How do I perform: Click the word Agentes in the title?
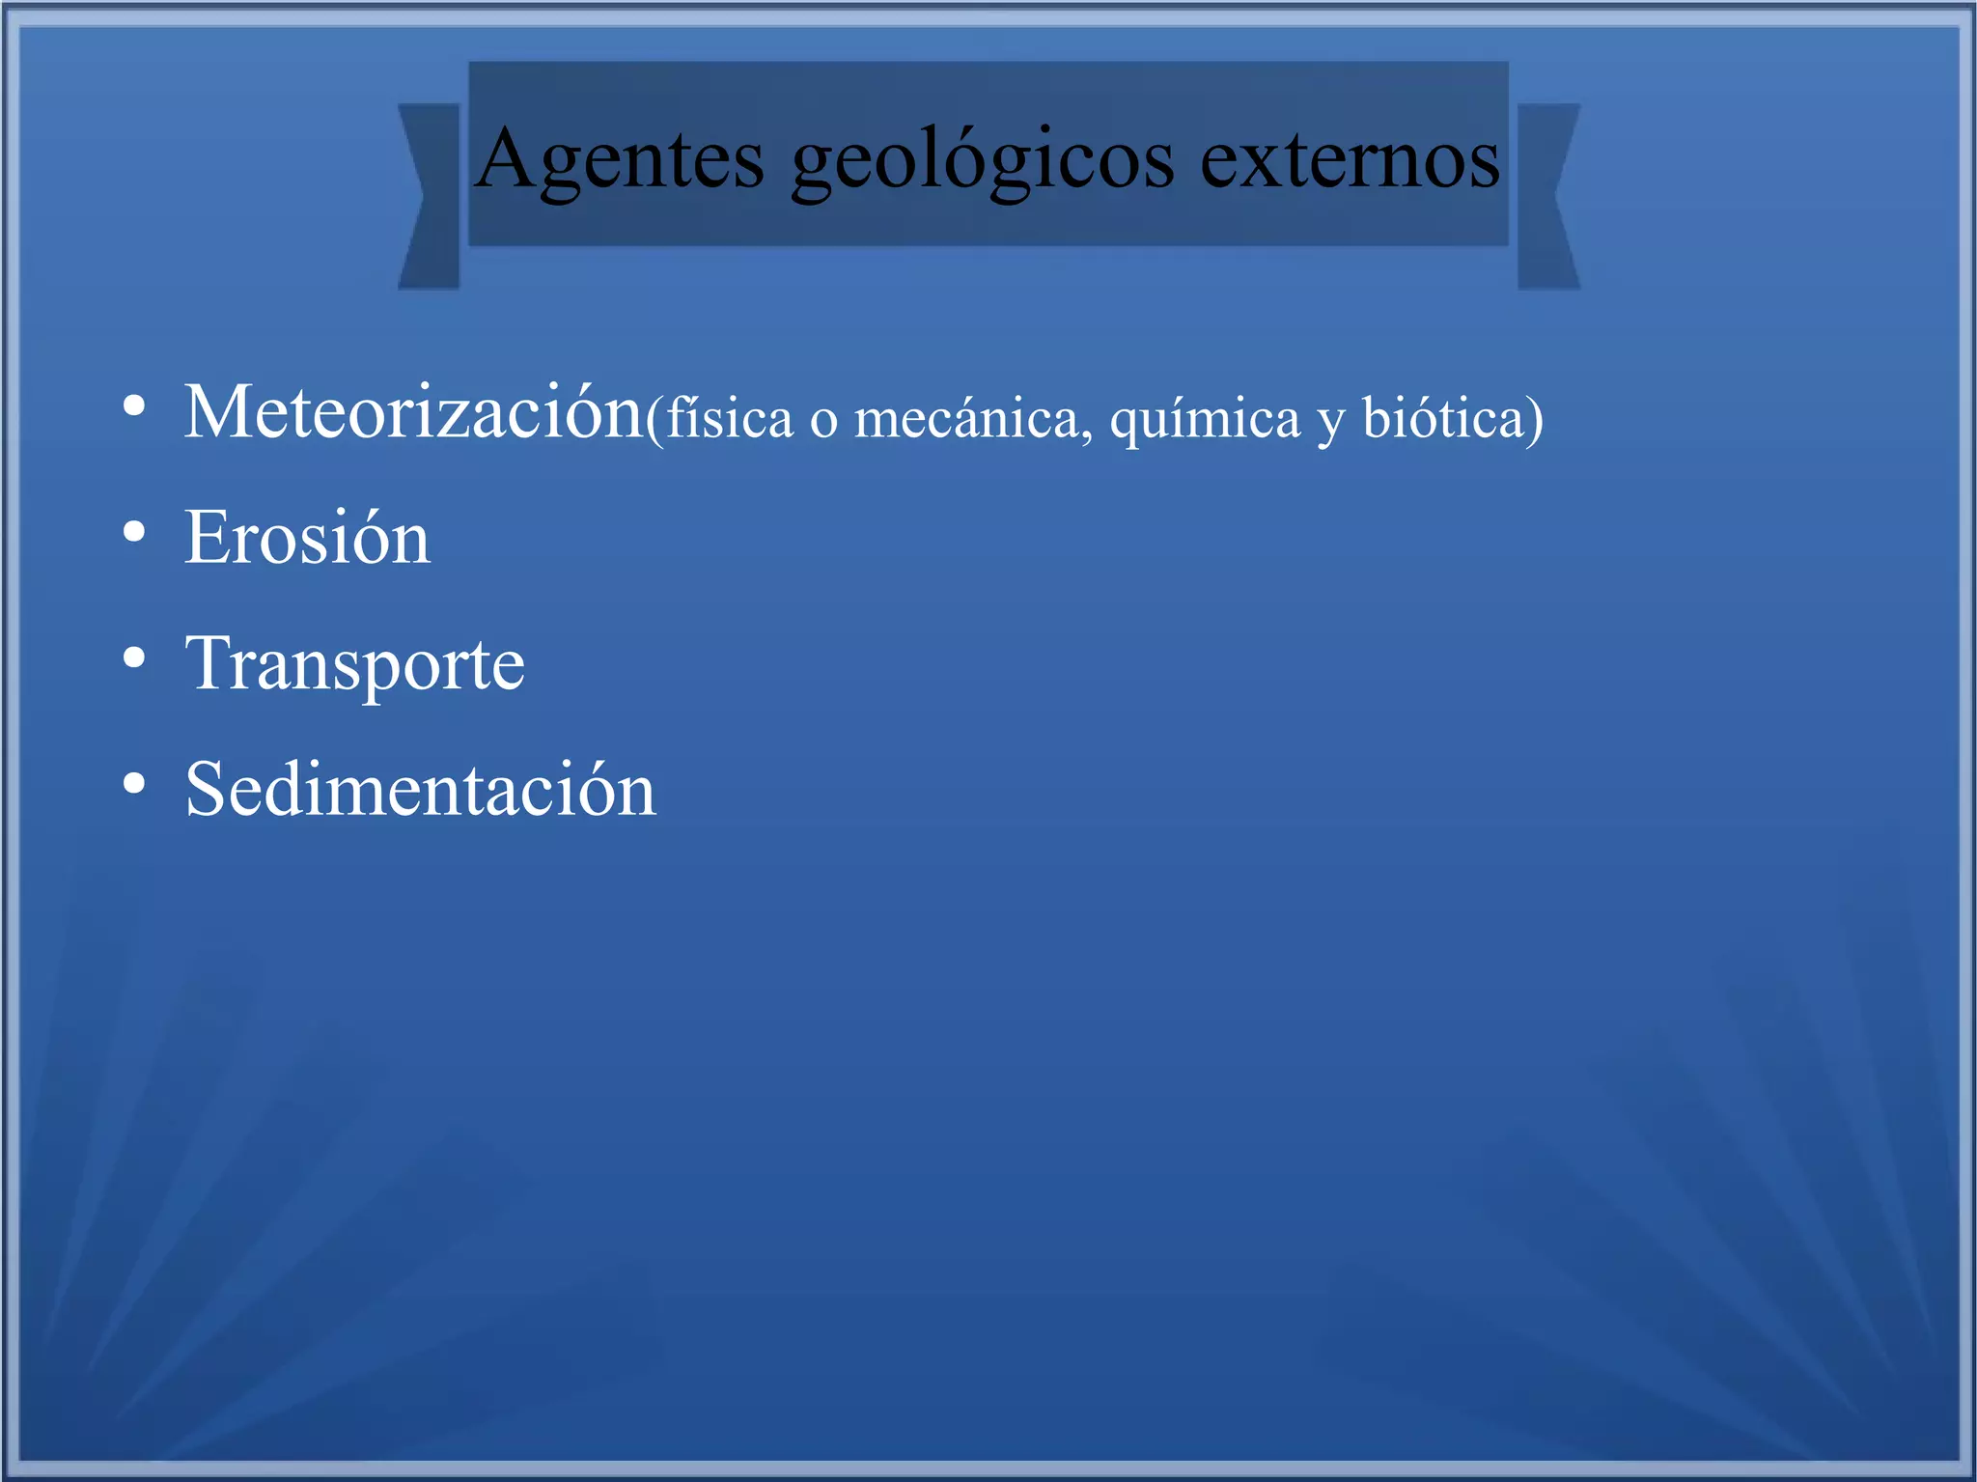[620, 159]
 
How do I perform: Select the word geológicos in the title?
[982, 162]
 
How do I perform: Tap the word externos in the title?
[1350, 159]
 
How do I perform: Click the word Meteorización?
[413, 412]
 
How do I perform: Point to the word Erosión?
[307, 538]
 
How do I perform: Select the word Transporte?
[354, 664]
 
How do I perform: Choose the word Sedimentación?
[420, 789]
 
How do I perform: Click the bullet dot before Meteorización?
[134, 406]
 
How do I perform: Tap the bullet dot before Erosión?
[134, 532]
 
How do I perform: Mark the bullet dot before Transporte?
[134, 658]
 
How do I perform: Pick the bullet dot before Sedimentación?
[134, 784]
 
